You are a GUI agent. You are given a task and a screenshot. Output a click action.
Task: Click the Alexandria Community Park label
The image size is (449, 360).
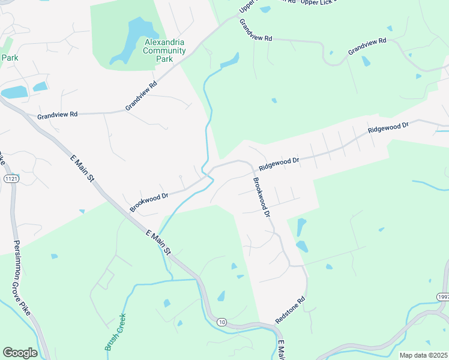164,50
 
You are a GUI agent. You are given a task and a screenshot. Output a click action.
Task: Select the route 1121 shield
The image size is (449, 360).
10,179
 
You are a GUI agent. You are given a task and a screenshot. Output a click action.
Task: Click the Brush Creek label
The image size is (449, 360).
115,331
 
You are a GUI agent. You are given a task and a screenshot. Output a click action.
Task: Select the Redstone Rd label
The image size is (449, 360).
291,310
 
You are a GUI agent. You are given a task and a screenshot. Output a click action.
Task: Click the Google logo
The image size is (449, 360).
20,353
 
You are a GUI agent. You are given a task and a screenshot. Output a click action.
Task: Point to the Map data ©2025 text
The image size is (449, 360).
423,355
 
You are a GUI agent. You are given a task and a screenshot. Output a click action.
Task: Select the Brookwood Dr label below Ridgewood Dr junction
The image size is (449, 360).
262,197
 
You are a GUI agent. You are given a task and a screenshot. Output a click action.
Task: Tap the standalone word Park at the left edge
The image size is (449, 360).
10,58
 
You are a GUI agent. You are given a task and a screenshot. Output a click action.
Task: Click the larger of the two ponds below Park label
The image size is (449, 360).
14,92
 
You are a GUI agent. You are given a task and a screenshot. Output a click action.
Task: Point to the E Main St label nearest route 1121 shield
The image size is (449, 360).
83,169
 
